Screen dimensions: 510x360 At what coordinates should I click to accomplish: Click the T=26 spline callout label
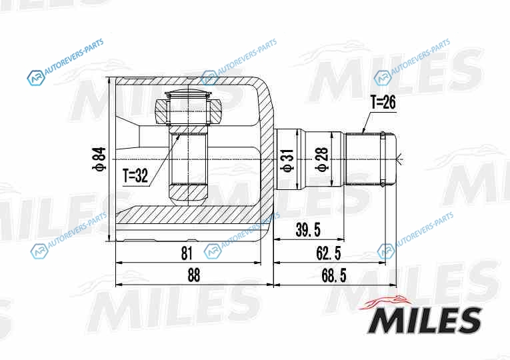383,103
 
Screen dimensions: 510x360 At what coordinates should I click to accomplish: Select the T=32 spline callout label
135,176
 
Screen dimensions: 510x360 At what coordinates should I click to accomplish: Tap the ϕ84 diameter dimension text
99,159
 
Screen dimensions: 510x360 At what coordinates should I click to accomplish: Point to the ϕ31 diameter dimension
287,160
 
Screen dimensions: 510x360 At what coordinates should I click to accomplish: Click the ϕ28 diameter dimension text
323,159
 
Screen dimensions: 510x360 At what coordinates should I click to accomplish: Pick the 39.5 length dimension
308,229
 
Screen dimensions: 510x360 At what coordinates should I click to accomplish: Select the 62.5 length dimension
328,253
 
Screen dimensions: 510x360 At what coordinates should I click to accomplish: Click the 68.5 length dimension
334,276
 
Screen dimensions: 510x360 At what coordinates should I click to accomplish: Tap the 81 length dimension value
187,253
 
